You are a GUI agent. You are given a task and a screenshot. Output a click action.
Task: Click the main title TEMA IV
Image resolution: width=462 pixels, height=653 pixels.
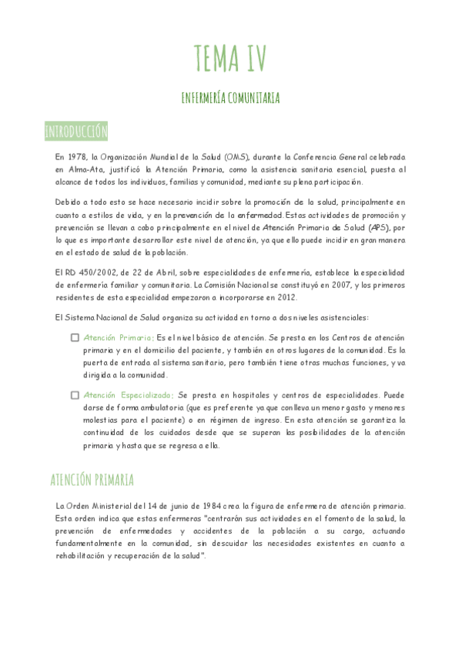(230, 57)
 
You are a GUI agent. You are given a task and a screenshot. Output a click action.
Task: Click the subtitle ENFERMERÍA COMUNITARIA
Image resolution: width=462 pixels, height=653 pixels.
(230, 98)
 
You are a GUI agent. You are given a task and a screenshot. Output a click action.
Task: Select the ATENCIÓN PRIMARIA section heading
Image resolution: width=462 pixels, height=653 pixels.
(92, 481)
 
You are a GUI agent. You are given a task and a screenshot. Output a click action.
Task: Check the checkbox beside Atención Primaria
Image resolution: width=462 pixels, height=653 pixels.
(75, 337)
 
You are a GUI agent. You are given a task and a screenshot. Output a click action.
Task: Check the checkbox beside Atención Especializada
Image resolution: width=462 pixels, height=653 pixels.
(75, 395)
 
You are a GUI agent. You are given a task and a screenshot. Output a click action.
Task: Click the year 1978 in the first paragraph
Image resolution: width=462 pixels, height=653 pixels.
(76, 156)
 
